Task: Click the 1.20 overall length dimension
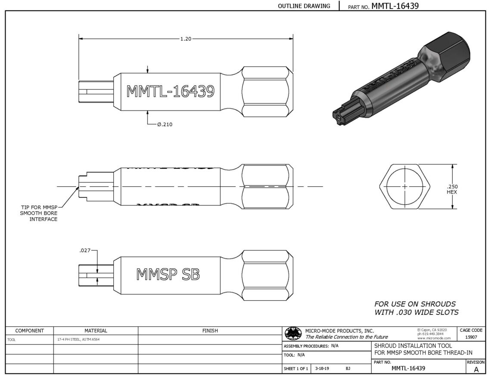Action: [186, 39]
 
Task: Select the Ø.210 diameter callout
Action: [165, 124]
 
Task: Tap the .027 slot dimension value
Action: [85, 250]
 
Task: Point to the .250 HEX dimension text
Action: [452, 189]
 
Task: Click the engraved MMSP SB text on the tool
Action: [168, 274]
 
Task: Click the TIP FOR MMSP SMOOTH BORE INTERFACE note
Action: [39, 213]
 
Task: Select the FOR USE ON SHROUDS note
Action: [416, 308]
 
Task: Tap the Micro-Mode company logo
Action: [293, 334]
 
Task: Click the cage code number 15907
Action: [471, 337]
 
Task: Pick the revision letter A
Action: [476, 369]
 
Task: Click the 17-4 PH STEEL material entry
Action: [78, 339]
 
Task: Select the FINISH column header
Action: [210, 330]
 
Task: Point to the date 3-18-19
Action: [322, 368]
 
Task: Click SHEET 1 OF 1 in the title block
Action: [296, 369]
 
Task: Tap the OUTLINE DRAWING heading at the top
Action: [304, 6]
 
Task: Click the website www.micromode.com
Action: [434, 338]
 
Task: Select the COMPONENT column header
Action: [29, 330]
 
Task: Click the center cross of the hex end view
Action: [404, 187]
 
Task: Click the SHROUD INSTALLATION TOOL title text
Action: [413, 345]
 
